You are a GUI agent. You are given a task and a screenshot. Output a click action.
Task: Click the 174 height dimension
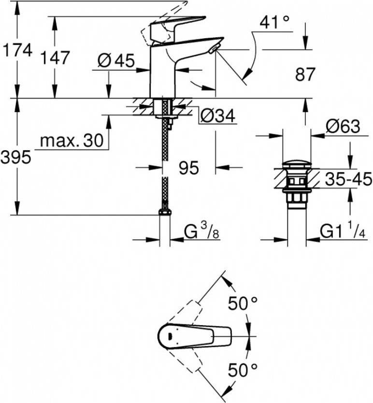click(x=17, y=50)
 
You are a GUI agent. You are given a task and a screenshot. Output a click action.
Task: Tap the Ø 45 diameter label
click(x=115, y=61)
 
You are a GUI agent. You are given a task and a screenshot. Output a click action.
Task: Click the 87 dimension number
click(x=304, y=74)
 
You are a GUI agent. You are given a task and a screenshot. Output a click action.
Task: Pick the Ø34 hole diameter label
click(x=217, y=116)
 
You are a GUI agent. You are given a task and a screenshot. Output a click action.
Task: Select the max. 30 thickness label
click(x=72, y=141)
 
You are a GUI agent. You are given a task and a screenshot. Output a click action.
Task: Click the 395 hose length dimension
click(x=16, y=157)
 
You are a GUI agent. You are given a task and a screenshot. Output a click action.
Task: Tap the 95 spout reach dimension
click(x=189, y=168)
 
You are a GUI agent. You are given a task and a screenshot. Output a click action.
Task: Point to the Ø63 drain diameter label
click(x=343, y=127)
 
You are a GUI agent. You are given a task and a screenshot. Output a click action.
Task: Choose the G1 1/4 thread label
click(x=343, y=231)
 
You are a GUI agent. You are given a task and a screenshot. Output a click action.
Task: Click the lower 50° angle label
click(x=243, y=372)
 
